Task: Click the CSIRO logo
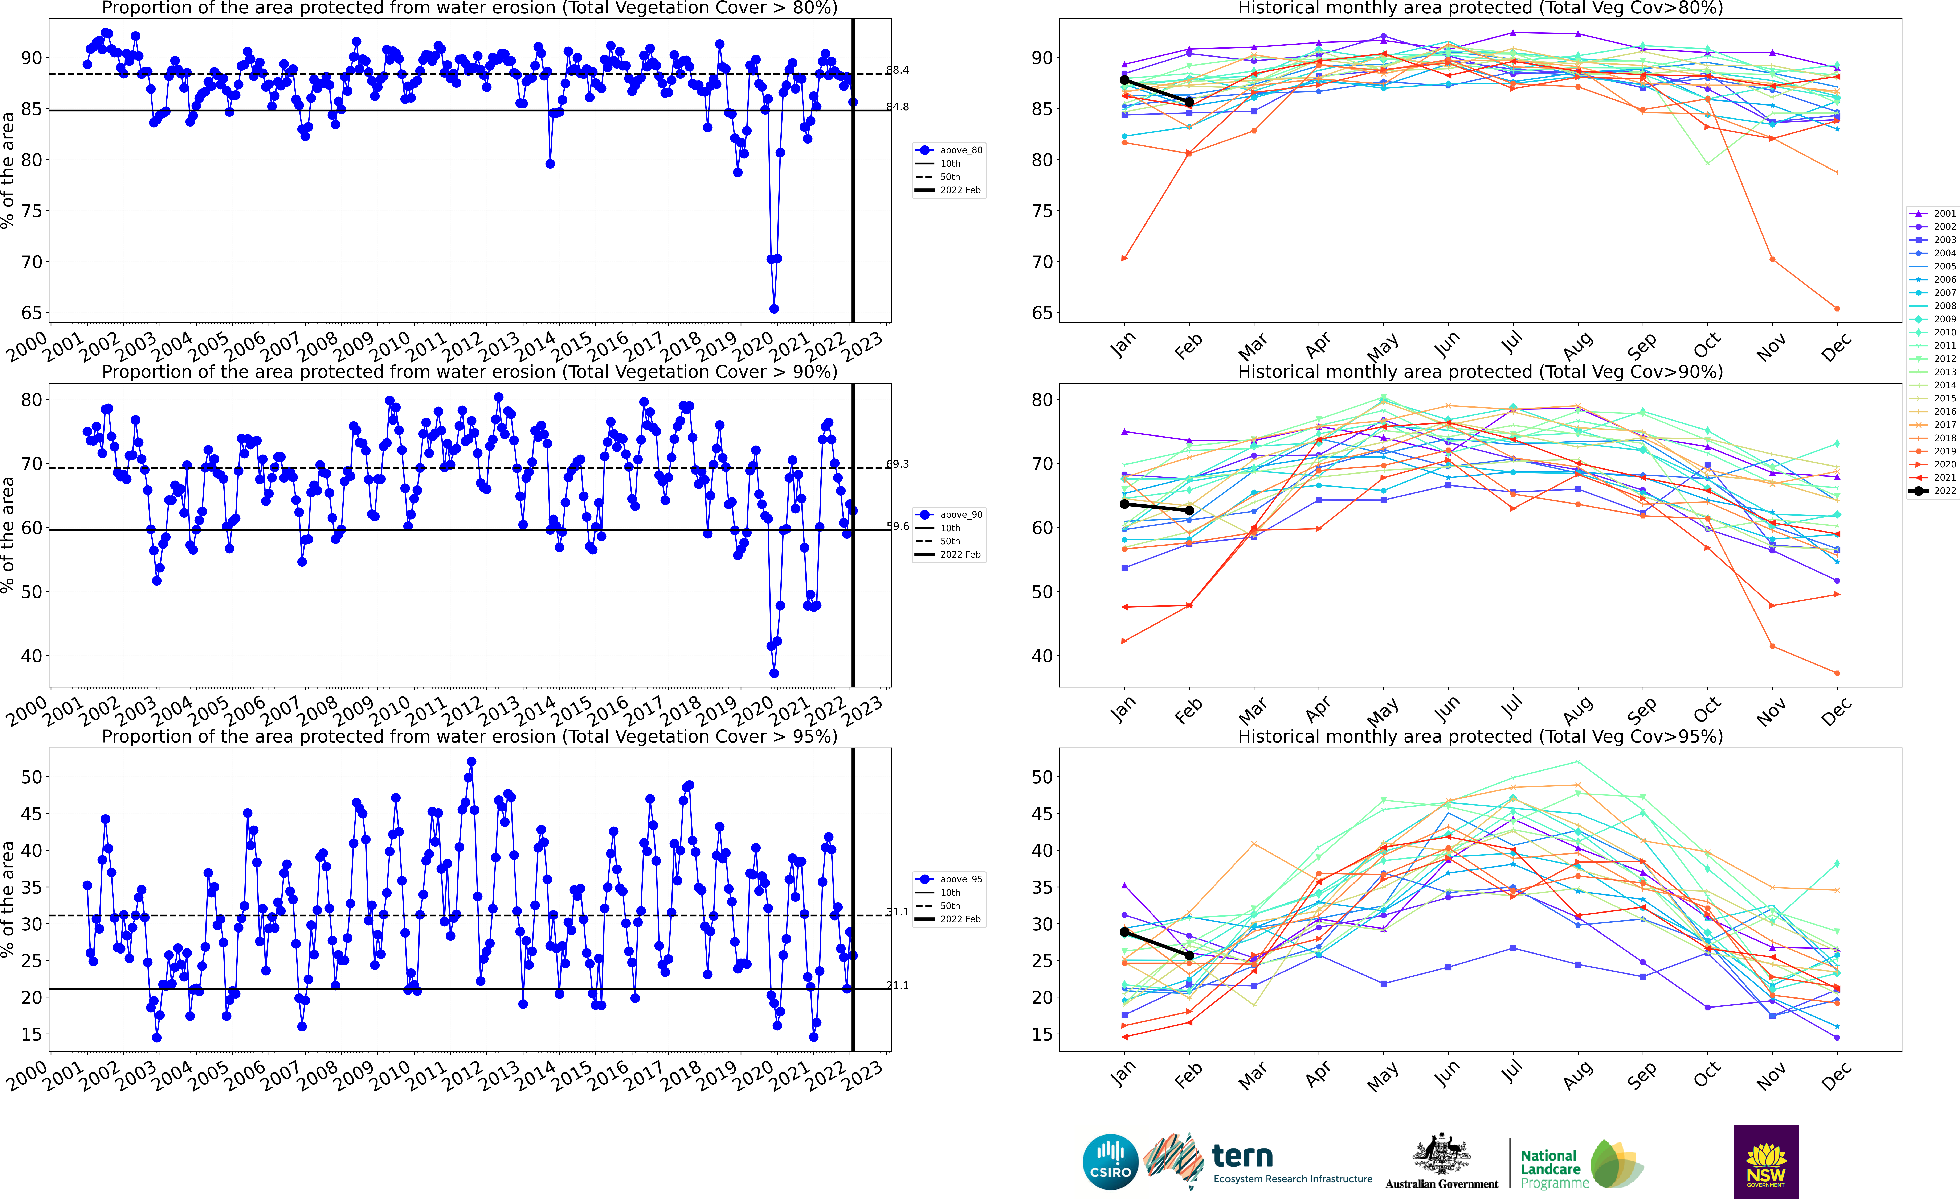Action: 1110,1162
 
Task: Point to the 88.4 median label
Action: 897,70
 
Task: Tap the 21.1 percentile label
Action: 897,985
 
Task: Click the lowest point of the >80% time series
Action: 774,309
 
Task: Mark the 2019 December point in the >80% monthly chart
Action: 1837,309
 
